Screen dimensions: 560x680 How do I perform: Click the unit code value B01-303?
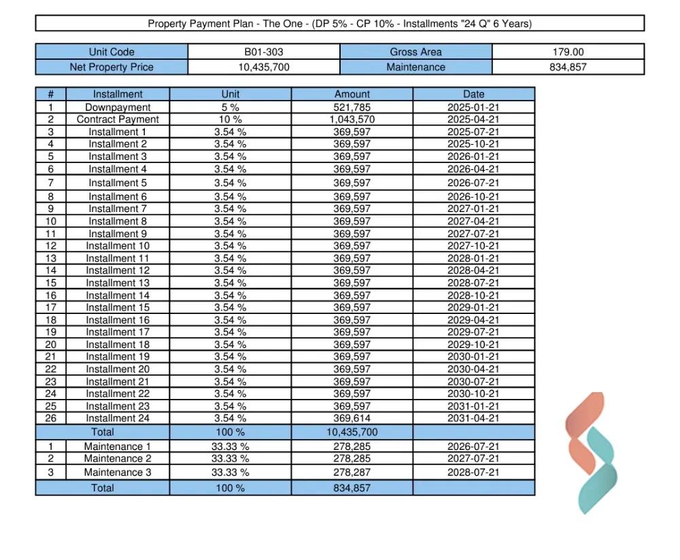click(x=264, y=52)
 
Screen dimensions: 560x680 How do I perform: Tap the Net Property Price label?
click(x=112, y=67)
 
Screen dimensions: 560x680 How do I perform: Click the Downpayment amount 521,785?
click(x=352, y=107)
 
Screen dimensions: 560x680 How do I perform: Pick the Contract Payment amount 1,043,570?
click(x=352, y=120)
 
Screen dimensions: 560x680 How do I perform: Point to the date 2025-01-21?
click(x=473, y=107)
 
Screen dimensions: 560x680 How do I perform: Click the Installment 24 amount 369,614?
click(x=352, y=418)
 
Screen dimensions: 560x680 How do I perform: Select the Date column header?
click(x=474, y=94)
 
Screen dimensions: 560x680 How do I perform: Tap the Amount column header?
click(x=352, y=94)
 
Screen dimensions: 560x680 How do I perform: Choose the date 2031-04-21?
click(x=473, y=418)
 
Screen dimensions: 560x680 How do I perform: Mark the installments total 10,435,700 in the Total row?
click(x=352, y=432)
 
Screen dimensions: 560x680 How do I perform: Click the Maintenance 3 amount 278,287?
click(x=352, y=472)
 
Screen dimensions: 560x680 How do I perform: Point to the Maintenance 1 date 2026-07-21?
click(x=473, y=447)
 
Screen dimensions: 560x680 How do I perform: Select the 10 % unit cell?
click(x=231, y=120)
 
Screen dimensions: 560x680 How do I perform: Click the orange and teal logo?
click(x=591, y=453)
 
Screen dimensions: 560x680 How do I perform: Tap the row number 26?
click(x=51, y=418)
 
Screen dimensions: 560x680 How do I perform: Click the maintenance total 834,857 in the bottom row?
click(x=352, y=488)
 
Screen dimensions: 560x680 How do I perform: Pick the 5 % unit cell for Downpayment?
click(x=231, y=107)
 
